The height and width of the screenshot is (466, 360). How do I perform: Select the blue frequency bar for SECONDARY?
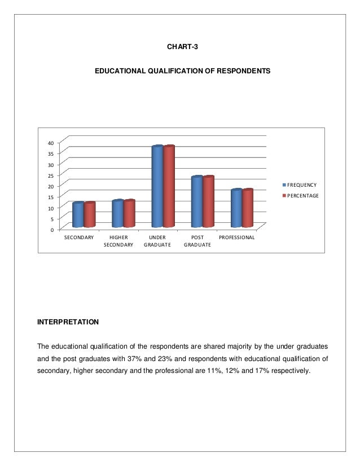pyautogui.click(x=78, y=214)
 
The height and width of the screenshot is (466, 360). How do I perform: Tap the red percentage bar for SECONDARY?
pyautogui.click(x=90, y=214)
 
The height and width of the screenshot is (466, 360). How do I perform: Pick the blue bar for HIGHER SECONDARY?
pyautogui.click(x=117, y=213)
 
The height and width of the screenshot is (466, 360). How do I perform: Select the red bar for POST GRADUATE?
pyautogui.click(x=208, y=201)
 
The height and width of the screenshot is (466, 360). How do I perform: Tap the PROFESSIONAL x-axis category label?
pyautogui.click(x=237, y=238)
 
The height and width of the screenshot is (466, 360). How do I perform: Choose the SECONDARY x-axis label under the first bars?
pyautogui.click(x=79, y=238)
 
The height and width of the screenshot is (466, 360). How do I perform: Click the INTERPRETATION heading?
pyautogui.click(x=68, y=322)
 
